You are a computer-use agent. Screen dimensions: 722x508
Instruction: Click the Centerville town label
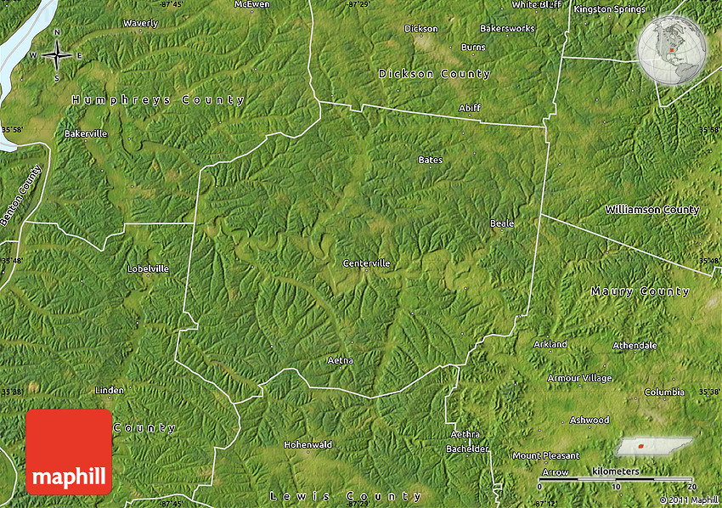366,263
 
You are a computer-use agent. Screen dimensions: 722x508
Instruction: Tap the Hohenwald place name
307,444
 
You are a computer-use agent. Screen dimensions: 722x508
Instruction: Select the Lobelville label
148,268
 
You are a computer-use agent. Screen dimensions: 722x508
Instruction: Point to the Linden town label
110,390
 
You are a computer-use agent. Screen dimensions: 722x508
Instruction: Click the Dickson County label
434,74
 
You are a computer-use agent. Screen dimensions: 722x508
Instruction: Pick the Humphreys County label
158,100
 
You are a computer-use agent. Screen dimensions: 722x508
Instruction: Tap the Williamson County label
651,209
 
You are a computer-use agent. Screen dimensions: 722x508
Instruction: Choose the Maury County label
640,291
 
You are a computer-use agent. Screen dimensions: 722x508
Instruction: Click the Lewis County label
345,496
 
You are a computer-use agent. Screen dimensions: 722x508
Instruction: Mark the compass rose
56,55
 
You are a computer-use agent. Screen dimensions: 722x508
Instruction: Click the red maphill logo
69,452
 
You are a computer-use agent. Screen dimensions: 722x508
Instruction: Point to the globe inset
672,51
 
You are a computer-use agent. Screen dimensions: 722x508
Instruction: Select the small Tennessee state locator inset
652,446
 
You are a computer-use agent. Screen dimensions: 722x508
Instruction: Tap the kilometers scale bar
617,480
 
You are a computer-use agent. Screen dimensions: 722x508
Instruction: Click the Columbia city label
664,392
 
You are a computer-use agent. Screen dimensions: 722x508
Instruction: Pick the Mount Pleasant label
545,455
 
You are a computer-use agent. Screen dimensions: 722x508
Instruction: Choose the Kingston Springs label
609,9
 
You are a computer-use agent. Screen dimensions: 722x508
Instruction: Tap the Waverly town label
140,23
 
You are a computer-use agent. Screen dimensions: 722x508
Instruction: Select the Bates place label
430,160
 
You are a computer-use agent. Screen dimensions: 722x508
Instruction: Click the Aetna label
340,360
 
